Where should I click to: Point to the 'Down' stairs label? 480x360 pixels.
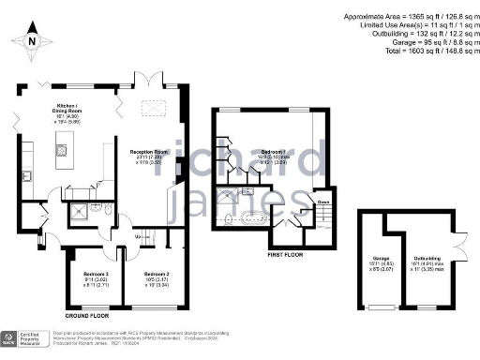pyautogui.click(x=322, y=202)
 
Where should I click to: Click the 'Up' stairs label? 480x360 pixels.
pyautogui.click(x=140, y=235)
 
